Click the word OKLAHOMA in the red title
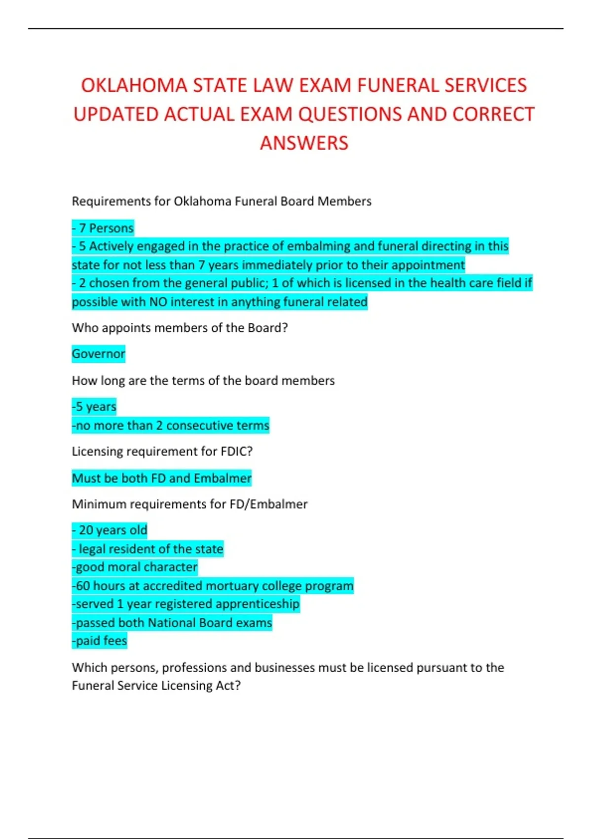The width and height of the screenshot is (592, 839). (x=134, y=85)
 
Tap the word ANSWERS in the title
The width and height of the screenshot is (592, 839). (x=304, y=144)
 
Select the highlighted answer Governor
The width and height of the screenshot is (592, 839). (x=99, y=354)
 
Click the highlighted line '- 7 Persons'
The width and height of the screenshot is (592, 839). (x=103, y=228)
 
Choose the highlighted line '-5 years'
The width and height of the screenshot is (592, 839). (x=94, y=407)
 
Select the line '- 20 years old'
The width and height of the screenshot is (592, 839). (x=110, y=531)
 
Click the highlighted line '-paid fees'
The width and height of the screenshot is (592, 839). (x=100, y=641)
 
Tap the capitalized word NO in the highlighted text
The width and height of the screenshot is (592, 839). (x=158, y=302)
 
